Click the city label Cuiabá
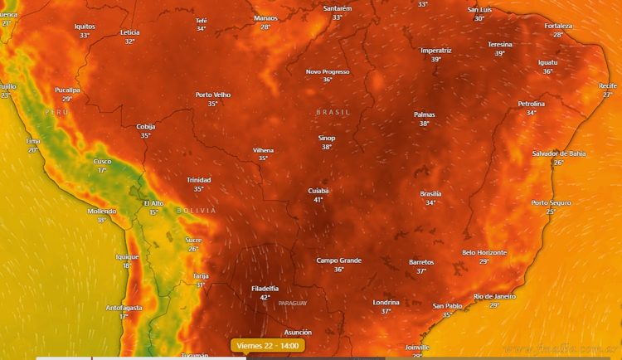point(318,191)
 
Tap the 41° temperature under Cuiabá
point(318,200)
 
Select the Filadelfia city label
point(265,288)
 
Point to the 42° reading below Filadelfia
point(265,297)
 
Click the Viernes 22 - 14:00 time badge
point(268,345)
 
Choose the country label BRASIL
point(333,111)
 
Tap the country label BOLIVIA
point(196,211)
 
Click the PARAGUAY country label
point(292,303)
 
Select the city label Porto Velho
point(213,95)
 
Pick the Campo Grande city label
point(338,260)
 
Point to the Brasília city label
point(430,193)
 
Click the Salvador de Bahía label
point(559,153)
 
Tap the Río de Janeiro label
point(494,296)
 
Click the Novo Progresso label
point(327,71)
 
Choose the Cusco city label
point(102,161)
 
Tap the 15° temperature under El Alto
point(153,212)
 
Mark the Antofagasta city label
point(124,307)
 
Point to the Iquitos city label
point(85,27)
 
